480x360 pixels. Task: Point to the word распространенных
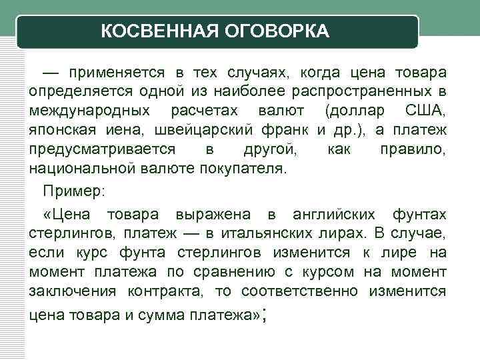point(373,90)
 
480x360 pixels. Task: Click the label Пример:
point(73,191)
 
